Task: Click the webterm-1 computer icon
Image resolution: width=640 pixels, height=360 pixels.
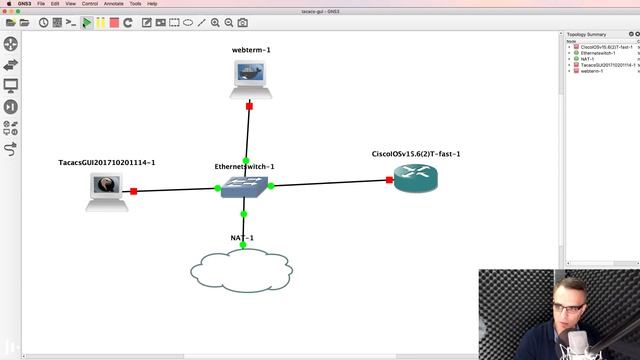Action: [248, 77]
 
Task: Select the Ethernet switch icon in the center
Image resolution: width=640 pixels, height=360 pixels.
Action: [243, 187]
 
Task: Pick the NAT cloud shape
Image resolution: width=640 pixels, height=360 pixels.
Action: [241, 269]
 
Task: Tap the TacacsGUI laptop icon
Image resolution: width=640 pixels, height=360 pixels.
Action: [105, 189]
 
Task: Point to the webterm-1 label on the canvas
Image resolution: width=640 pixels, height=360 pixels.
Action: [251, 49]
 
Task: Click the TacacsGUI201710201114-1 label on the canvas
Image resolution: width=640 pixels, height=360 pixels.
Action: [108, 162]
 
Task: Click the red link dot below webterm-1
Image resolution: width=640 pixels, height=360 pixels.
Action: [248, 105]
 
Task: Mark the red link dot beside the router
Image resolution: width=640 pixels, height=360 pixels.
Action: [389, 180]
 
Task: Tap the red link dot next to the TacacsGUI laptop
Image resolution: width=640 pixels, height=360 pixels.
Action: [133, 190]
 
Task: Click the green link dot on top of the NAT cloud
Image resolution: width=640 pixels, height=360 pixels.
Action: [242, 245]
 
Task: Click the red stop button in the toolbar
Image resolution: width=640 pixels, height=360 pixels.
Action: [114, 22]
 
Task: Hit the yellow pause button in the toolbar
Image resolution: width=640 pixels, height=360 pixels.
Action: [101, 22]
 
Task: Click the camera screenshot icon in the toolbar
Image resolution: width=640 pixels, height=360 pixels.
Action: [243, 22]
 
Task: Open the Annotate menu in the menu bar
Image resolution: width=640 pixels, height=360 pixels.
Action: [113, 4]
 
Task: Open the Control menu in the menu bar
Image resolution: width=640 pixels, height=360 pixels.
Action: [89, 4]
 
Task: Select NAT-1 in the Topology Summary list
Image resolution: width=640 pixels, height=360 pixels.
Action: [588, 59]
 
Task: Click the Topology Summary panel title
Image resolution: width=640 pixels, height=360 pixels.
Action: [587, 34]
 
